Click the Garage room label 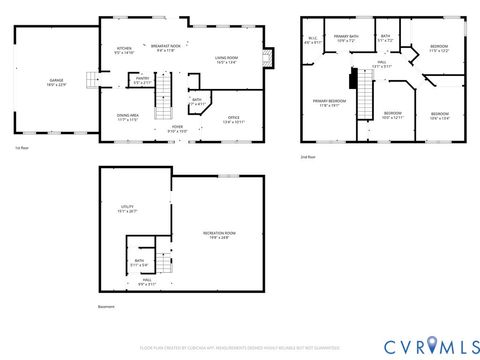pyautogui.click(x=57, y=82)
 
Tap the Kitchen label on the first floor pyautogui.click(x=124, y=50)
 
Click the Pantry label pyautogui.click(x=142, y=80)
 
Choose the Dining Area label pyautogui.click(x=128, y=118)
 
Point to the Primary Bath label pyautogui.click(x=346, y=39)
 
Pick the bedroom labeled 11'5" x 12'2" pyautogui.click(x=438, y=49)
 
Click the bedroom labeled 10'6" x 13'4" pyautogui.click(x=440, y=116)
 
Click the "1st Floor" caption pyautogui.click(x=21, y=148)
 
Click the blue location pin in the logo pyautogui.click(x=431, y=344)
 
